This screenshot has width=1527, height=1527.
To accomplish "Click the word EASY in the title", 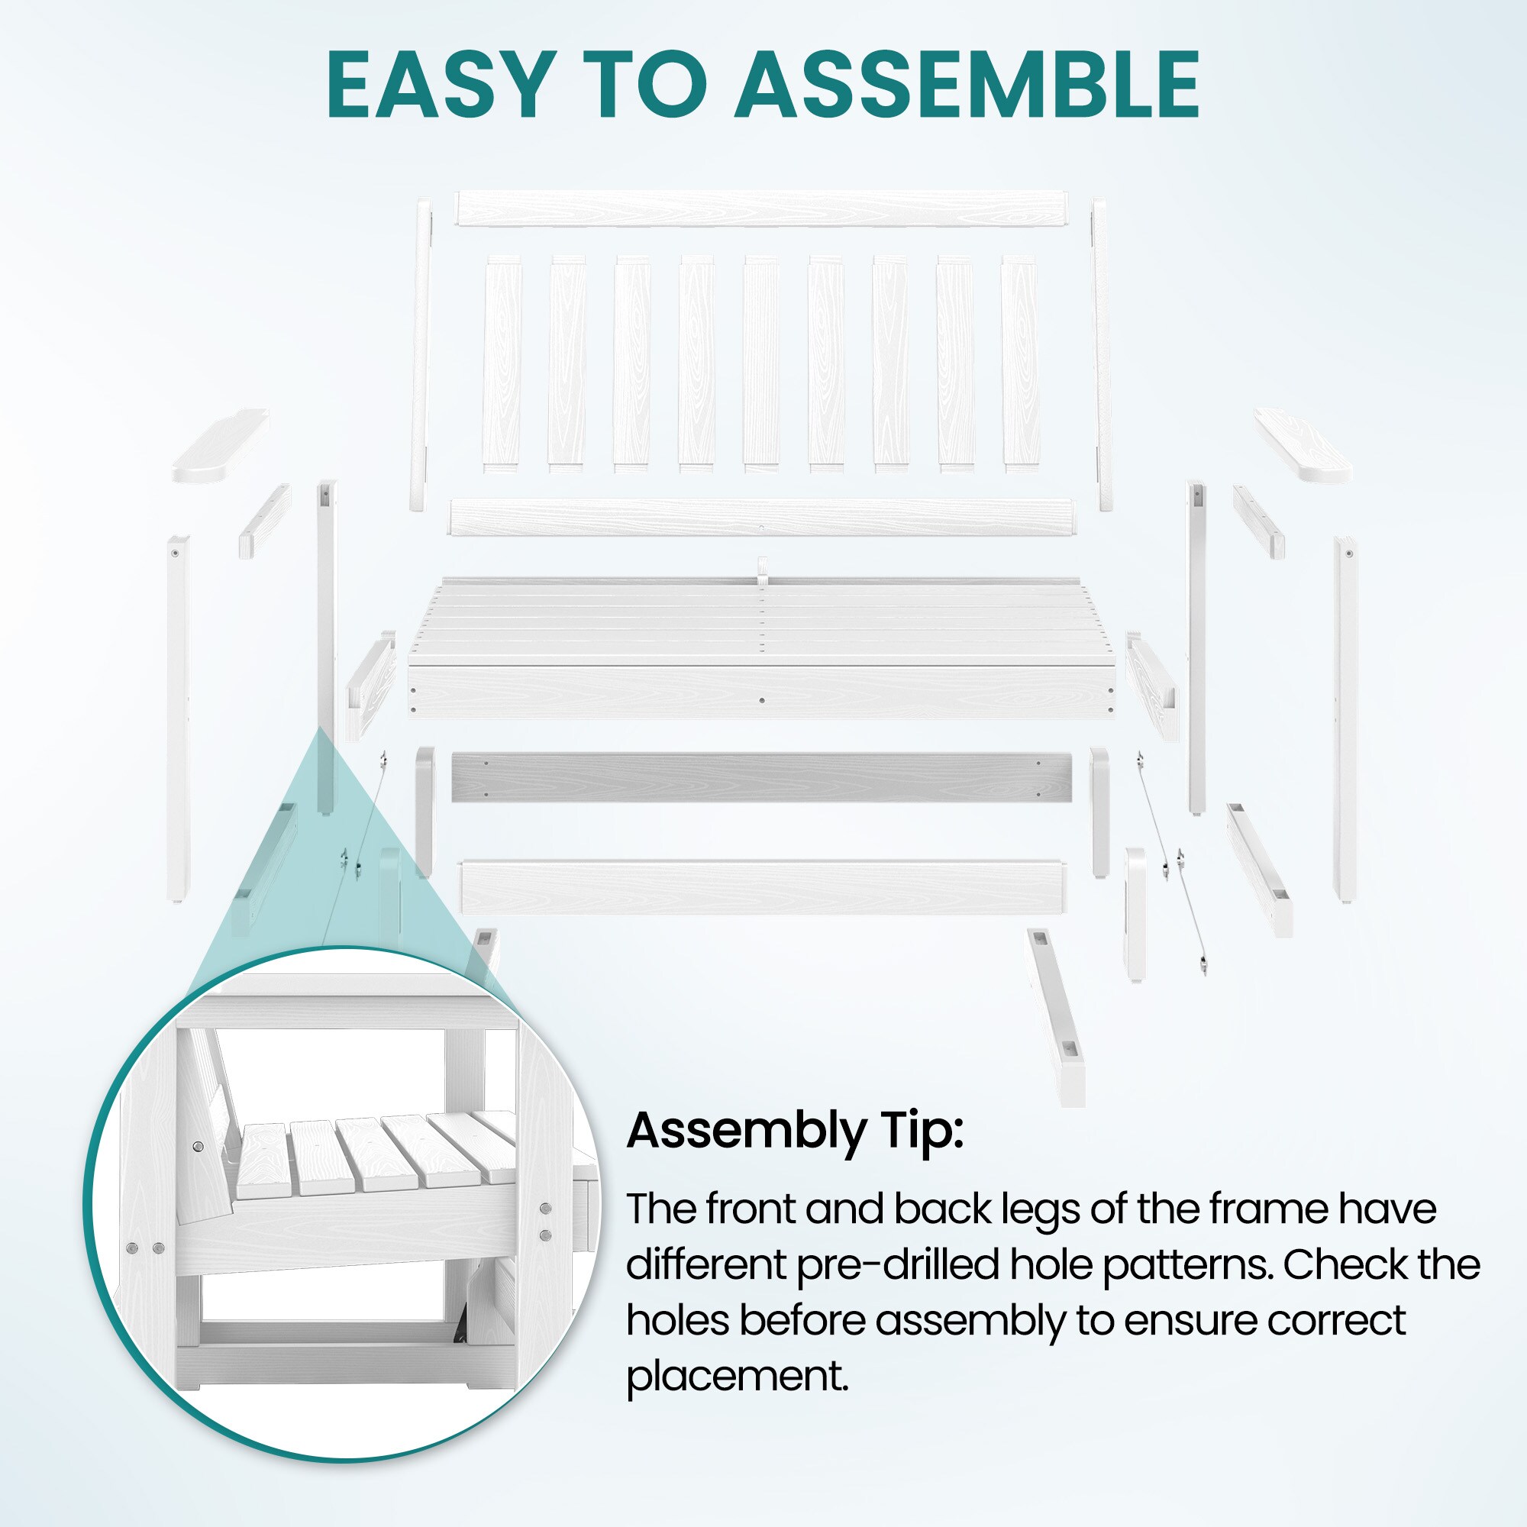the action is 439,85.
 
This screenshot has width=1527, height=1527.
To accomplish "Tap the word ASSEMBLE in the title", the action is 968,85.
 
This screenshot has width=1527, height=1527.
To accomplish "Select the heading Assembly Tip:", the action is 795,1131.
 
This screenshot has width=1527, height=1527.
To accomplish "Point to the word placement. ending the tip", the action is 738,1376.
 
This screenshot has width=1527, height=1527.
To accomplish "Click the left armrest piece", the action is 221,445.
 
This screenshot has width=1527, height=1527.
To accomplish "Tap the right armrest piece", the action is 1303,445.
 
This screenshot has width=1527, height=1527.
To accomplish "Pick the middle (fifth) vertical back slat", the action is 762,363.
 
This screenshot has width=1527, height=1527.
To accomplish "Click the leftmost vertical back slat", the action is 502,363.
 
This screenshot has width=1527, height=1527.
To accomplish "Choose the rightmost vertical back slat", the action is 1020,363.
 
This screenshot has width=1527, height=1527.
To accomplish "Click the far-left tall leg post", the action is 178,719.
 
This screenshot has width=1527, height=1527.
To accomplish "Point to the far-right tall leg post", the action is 1345,719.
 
